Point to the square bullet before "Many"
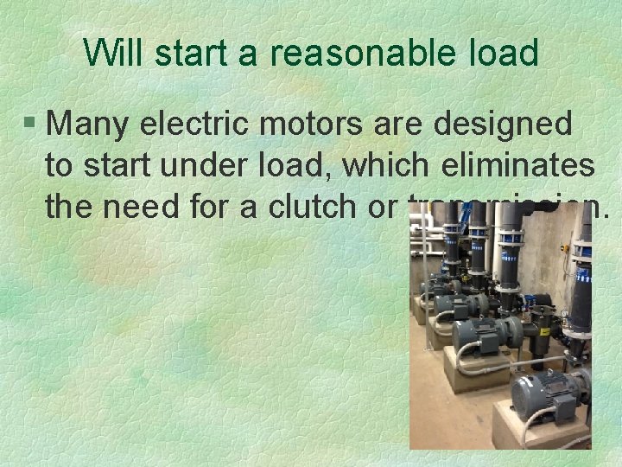pyautogui.click(x=31, y=125)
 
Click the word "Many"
pyautogui.click(x=86, y=125)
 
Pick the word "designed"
pyautogui.click(x=503, y=124)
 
